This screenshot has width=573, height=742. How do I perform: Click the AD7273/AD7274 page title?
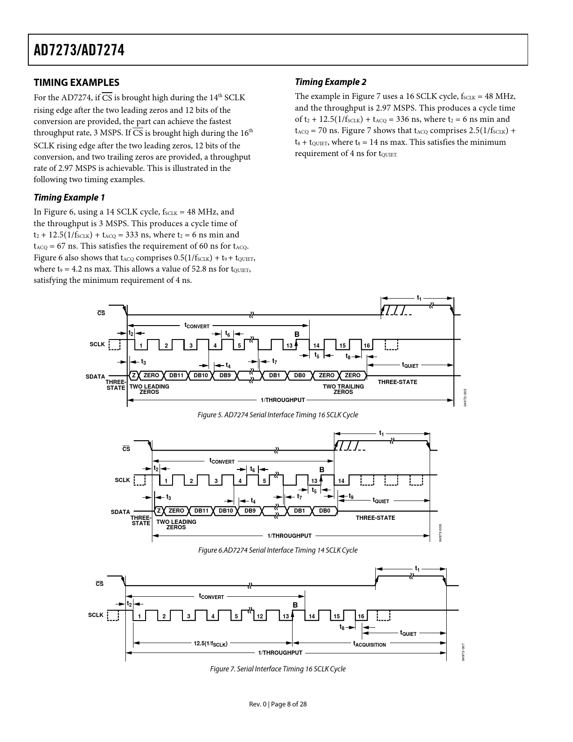tap(79, 50)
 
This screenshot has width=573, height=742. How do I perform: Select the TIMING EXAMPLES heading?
tap(76, 82)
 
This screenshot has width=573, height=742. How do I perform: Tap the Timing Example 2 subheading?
tap(330, 82)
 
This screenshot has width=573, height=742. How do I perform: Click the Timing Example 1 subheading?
tap(69, 197)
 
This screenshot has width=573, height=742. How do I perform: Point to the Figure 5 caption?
tap(278, 415)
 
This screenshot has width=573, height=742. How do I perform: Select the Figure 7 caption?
tap(278, 669)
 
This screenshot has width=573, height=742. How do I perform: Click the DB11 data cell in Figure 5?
tap(177, 375)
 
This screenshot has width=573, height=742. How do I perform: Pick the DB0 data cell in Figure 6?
tap(324, 511)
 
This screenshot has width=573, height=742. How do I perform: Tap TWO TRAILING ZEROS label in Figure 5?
tap(343, 389)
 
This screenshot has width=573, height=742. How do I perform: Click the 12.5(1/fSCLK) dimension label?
tap(210, 644)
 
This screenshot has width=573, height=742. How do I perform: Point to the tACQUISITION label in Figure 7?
tap(369, 644)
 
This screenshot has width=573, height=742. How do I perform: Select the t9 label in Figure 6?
tap(351, 496)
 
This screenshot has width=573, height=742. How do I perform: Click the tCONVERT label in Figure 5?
tap(197, 325)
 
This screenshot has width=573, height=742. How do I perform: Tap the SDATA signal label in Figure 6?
tap(120, 512)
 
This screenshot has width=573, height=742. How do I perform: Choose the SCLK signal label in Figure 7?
tap(96, 615)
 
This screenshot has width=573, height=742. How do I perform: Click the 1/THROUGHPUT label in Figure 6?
tap(289, 536)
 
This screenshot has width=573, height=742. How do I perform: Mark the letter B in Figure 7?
tap(295, 605)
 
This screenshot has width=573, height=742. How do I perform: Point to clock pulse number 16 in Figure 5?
tap(367, 346)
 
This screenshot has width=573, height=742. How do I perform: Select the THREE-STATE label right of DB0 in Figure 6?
tap(375, 518)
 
